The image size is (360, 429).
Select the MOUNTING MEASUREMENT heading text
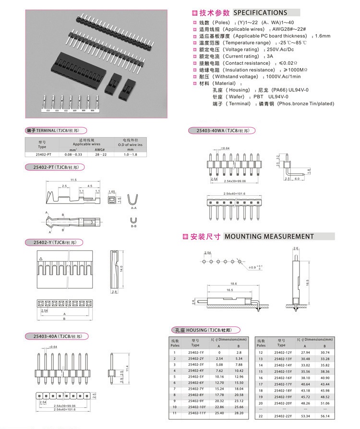click(x=269, y=237)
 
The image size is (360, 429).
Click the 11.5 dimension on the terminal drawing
click(x=73, y=179)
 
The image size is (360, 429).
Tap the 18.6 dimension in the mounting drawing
click(x=234, y=284)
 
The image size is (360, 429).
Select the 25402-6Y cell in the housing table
click(x=196, y=382)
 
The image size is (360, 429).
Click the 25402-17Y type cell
click(x=283, y=384)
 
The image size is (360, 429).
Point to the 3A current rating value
click(x=270, y=56)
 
